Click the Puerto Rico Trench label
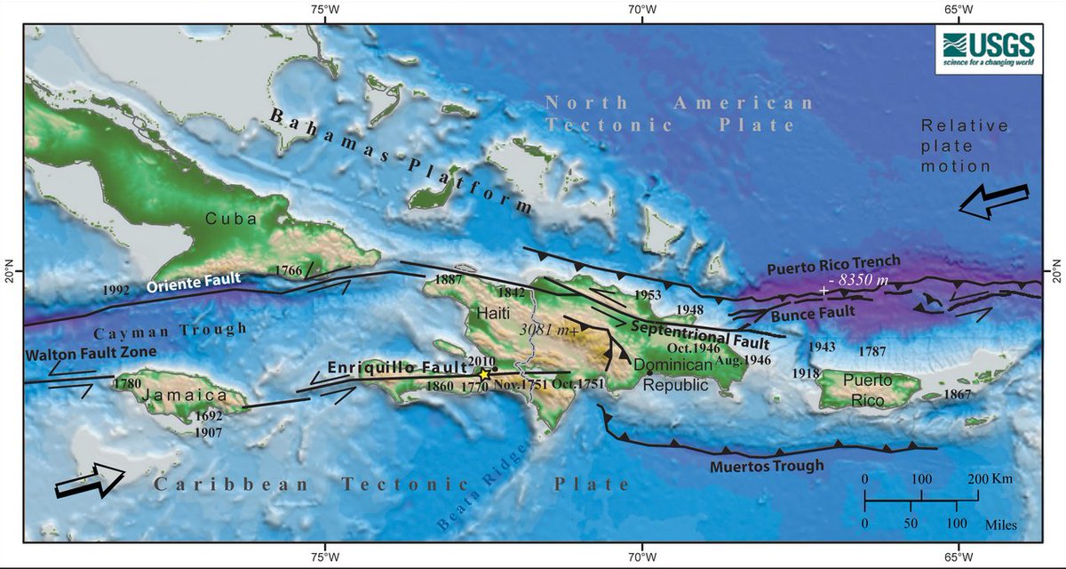click(x=834, y=263)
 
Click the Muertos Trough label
click(x=768, y=465)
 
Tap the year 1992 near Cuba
click(x=116, y=290)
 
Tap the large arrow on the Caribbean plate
click(x=90, y=480)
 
